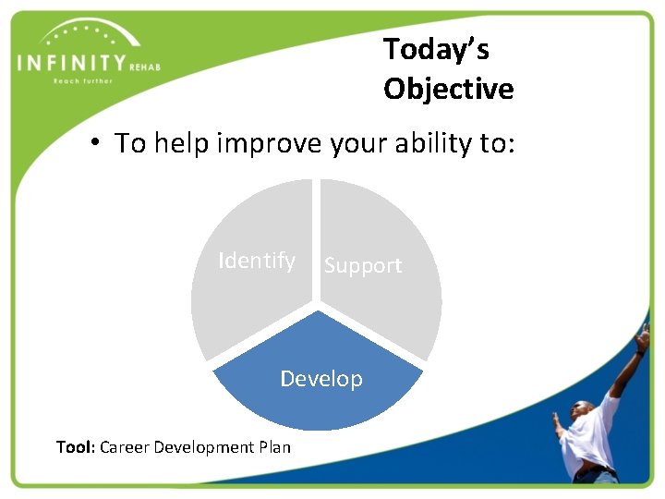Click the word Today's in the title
point(435,48)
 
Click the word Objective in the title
point(448,89)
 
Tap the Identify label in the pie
point(257,261)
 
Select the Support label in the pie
point(363,265)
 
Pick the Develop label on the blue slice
point(321,379)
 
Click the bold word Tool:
point(75,447)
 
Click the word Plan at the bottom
point(274,447)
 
